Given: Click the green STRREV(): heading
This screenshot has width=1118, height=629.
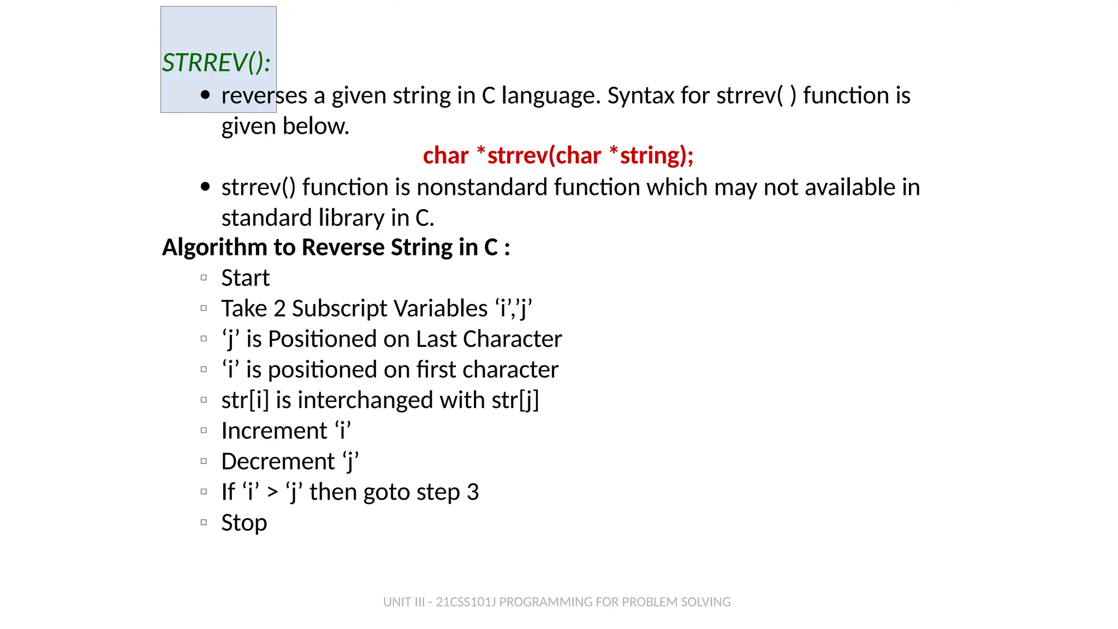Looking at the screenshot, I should click(216, 63).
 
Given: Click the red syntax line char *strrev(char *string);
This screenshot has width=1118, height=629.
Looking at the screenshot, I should click(558, 156).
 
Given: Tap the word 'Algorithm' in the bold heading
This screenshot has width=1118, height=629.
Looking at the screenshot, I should click(215, 247).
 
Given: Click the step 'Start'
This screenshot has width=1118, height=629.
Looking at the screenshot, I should click(245, 278).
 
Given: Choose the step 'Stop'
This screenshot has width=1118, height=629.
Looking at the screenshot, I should click(244, 523).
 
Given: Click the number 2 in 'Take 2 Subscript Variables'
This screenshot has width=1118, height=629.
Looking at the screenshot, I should click(279, 308).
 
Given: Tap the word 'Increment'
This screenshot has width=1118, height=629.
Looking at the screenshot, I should click(274, 431).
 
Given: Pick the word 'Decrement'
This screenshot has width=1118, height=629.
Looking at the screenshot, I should click(278, 461).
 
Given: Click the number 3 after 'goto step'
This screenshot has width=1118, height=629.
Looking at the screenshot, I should click(473, 492).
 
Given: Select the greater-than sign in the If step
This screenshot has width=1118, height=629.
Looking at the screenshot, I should click(272, 492).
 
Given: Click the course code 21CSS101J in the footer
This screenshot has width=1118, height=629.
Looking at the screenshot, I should click(465, 602).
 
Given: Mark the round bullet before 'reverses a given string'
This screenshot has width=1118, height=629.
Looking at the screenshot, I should click(205, 95).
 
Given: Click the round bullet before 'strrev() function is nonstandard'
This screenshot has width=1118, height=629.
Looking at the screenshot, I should click(205, 187).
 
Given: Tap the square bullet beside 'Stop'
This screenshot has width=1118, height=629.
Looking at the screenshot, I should click(204, 523).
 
